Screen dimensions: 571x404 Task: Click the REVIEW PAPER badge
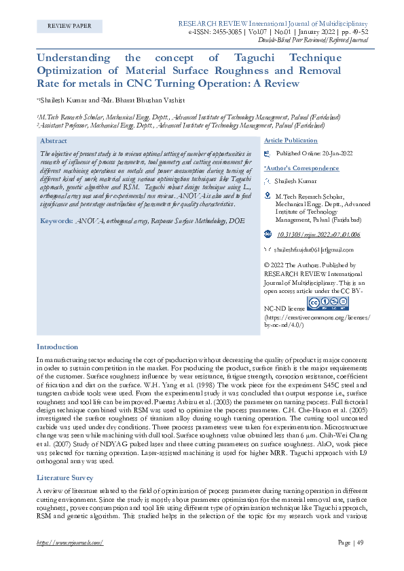point(69,26)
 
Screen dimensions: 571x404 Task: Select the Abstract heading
point(54,140)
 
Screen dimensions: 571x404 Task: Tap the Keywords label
point(56,221)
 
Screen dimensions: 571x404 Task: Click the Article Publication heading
point(291,140)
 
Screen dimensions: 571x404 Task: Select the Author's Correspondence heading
point(301,168)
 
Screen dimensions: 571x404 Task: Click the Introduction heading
point(58,347)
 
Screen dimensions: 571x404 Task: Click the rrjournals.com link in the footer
point(69,543)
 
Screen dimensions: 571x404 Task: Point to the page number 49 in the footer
point(360,543)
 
